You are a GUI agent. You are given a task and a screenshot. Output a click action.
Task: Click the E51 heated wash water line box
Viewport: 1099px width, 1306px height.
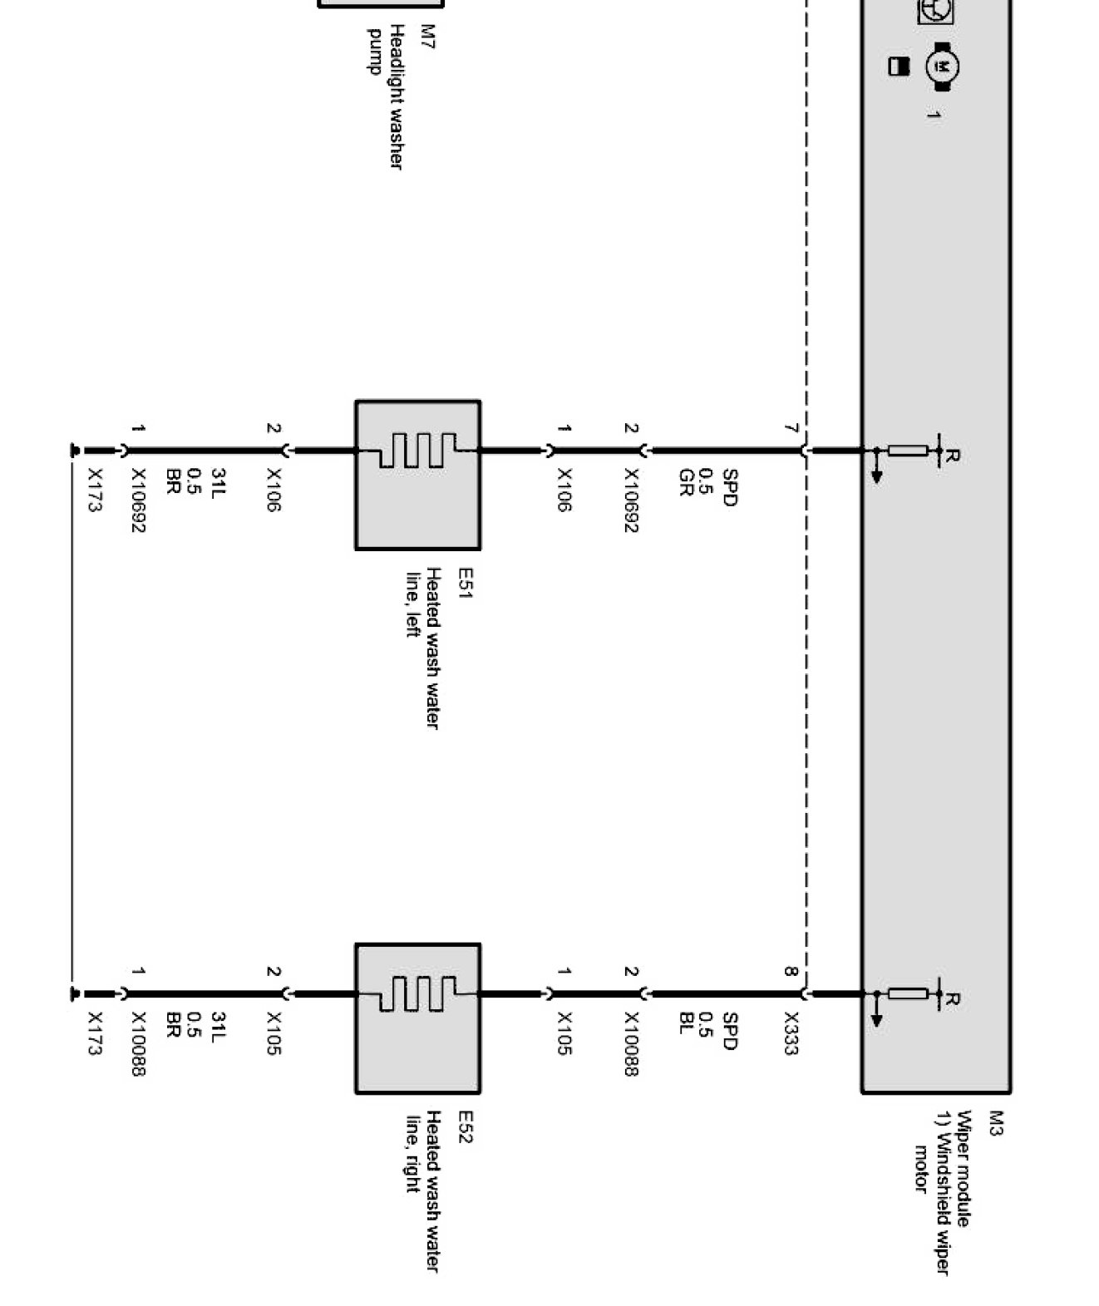tap(417, 475)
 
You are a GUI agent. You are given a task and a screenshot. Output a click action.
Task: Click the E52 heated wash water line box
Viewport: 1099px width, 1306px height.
tap(417, 1018)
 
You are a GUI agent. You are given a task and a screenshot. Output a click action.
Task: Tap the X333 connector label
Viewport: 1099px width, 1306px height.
tap(791, 1033)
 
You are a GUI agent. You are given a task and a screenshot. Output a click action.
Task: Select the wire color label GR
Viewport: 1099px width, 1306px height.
tap(686, 483)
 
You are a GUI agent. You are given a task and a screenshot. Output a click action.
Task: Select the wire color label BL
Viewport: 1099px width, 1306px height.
tap(686, 1023)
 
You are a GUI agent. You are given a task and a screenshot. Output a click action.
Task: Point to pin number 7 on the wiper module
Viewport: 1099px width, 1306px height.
tap(791, 429)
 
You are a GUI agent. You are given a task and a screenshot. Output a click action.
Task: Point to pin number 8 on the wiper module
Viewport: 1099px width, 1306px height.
tap(791, 971)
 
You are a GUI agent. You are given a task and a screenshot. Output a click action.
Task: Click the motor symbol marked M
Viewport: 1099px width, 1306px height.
tap(943, 67)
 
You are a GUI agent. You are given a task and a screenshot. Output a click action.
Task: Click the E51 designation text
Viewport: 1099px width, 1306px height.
tap(465, 583)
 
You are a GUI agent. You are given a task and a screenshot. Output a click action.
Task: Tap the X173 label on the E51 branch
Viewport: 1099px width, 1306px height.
tap(95, 490)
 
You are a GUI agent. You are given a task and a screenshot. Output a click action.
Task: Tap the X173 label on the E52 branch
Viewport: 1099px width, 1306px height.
tap(95, 1033)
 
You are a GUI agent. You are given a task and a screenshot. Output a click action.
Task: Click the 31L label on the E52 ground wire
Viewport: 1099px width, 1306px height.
tap(219, 1024)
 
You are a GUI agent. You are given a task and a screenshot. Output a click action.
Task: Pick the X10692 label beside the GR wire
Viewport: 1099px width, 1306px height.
tap(631, 500)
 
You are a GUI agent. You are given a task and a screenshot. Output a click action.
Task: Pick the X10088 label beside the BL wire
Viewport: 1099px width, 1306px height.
tap(631, 1043)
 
